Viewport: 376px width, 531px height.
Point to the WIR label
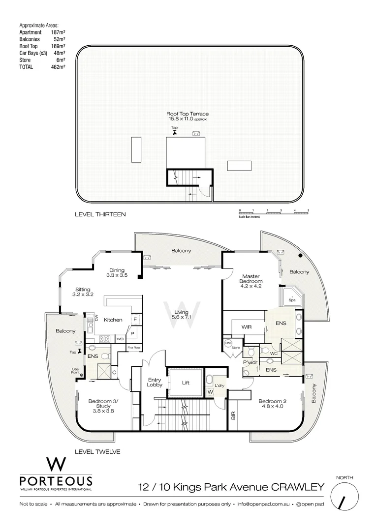coord(247,326)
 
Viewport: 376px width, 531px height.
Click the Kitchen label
coord(113,320)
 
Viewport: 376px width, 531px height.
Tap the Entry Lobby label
coord(155,383)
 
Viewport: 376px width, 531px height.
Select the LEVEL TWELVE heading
coord(97,451)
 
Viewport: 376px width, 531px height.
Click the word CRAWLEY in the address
coord(298,487)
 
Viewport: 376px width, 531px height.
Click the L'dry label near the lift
coord(219,385)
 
